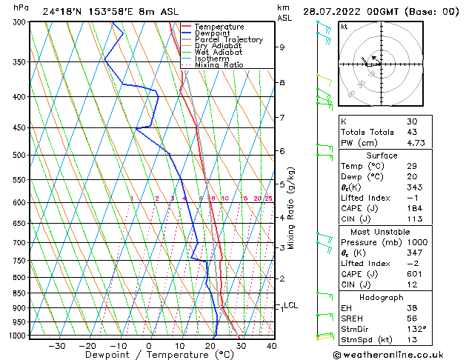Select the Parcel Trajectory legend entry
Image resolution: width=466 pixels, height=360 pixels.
click(x=228, y=40)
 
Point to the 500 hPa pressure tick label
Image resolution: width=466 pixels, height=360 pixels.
click(x=19, y=155)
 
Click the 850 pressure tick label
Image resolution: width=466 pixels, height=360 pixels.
click(x=19, y=293)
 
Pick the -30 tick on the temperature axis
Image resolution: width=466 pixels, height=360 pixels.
click(x=56, y=346)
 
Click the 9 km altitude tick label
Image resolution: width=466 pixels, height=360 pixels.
click(x=282, y=47)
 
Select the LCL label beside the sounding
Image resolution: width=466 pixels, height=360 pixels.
click(x=290, y=305)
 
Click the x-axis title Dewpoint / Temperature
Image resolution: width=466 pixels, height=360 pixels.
click(x=148, y=356)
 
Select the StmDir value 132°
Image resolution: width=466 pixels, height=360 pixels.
click(x=416, y=329)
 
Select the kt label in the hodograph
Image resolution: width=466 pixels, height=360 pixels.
click(x=344, y=27)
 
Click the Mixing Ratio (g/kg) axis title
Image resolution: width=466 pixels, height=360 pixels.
click(x=291, y=208)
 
